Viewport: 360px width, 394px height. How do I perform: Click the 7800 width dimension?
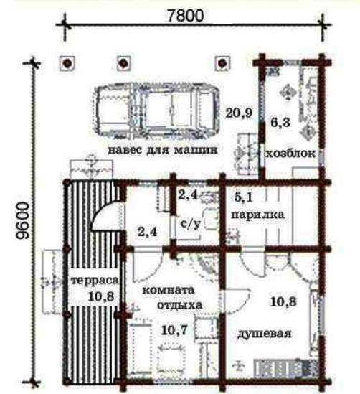[185, 16]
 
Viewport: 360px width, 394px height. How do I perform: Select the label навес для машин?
[163, 150]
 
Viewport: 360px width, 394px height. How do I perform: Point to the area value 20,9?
[239, 113]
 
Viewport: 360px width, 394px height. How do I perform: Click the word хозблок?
[290, 154]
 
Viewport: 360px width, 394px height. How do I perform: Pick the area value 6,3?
[280, 123]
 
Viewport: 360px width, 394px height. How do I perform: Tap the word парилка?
[258, 215]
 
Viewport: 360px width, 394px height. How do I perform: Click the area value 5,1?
[243, 197]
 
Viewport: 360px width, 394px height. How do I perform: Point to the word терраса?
[95, 280]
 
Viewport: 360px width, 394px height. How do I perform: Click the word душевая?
[265, 334]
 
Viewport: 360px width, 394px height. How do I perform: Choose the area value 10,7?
[174, 330]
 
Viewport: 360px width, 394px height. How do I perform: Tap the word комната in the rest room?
[169, 290]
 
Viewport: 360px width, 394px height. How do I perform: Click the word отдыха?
[180, 305]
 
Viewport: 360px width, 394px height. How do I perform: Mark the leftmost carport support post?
[67, 63]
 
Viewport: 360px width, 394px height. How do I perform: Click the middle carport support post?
[124, 63]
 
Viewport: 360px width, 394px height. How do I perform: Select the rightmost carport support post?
[222, 63]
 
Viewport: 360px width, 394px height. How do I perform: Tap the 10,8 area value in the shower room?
[283, 301]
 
